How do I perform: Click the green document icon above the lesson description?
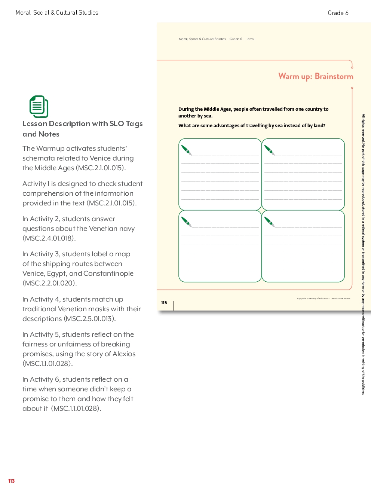tap(39, 107)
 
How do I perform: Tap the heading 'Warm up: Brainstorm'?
tap(316, 76)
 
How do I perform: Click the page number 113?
tap(11, 481)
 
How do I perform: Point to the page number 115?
tap(164, 303)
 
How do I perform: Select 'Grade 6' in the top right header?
tap(338, 13)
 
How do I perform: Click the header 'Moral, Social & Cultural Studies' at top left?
tap(57, 13)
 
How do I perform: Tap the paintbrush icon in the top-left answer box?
tap(186, 150)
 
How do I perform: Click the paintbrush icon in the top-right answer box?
tap(269, 150)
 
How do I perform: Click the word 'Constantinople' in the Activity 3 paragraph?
tap(108, 274)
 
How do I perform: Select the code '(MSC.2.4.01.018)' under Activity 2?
tap(49, 238)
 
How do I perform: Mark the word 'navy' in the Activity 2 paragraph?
tap(127, 229)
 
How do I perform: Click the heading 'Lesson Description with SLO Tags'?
tap(83, 124)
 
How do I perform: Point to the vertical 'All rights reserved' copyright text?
tap(363, 254)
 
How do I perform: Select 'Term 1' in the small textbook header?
tap(251, 39)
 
